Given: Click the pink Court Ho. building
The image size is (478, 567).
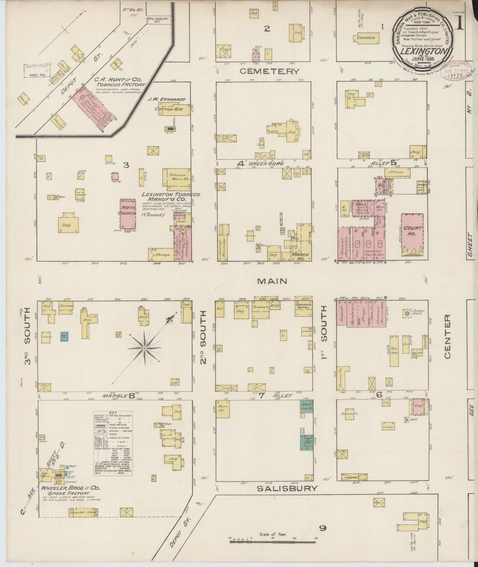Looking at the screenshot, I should [413, 232].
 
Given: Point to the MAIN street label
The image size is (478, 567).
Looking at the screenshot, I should [272, 281].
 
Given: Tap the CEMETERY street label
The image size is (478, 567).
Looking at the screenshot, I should [269, 71].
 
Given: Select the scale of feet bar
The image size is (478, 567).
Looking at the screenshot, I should [273, 541].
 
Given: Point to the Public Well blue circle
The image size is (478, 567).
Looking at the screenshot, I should [407, 313].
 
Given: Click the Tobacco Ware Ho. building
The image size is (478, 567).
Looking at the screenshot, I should [175, 177].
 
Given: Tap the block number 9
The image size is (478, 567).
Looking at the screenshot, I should [323, 528].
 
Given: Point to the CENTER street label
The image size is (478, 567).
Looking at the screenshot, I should [447, 336].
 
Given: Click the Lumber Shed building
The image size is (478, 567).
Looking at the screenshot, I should [83, 522].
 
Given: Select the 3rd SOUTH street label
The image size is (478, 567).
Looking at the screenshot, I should [28, 336].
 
